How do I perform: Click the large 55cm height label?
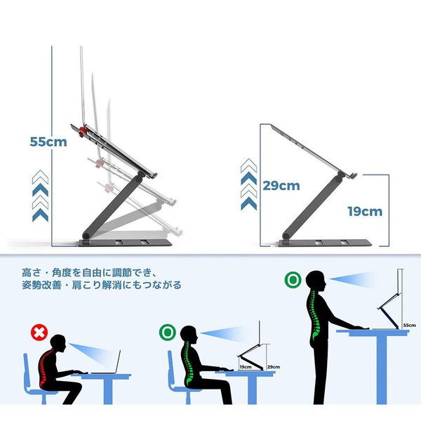point(48,142)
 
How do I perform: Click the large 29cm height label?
point(281,186)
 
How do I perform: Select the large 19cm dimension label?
point(365,212)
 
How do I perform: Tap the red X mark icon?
point(39,333)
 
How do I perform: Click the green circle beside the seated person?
point(168,333)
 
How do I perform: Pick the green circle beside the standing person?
point(293,280)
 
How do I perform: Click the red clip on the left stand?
point(83,131)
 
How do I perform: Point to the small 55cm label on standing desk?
point(409,325)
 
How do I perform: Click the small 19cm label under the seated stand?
point(246,367)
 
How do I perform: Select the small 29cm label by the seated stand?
point(274,367)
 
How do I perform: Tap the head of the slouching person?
point(58,345)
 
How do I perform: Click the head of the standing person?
point(316,280)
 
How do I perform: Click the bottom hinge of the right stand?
point(286,236)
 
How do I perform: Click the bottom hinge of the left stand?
point(86,236)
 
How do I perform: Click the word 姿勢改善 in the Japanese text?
point(41,285)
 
